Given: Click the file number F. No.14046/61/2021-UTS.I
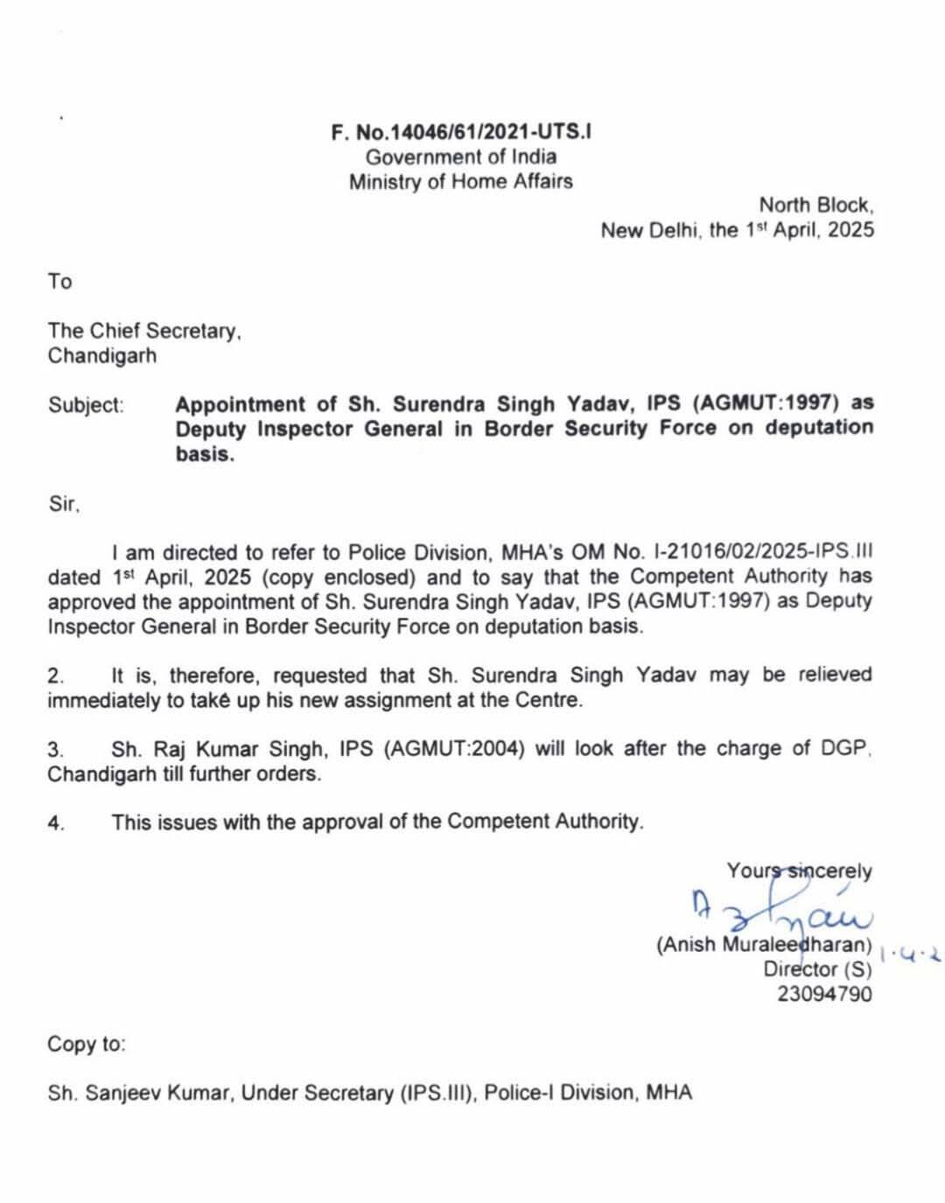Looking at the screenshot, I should pos(461,132).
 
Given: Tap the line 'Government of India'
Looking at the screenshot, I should pos(461,157).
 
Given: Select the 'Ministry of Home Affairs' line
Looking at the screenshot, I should pos(461,182).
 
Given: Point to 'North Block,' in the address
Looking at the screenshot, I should pos(815,206).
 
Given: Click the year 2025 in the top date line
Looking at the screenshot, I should pos(850,231).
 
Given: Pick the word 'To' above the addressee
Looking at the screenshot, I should pos(59,282).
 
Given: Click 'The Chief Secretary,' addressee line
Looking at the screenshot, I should pos(144,331).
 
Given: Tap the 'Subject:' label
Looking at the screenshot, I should pos(86,405).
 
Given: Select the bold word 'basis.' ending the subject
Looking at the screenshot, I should pos(205,454).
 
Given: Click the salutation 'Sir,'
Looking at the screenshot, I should pos(63,504).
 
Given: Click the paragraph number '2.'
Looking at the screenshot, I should pos(56,675).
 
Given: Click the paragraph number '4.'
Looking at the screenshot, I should pos(56,822).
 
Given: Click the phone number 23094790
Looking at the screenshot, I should pos(824,994).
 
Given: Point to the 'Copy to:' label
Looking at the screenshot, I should pos(87,1044).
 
